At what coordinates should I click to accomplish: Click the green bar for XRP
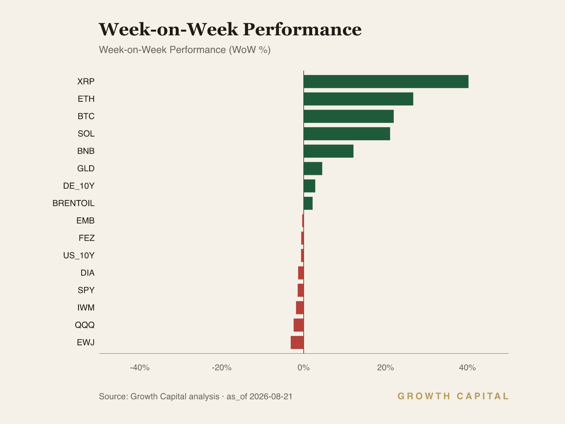pos(386,81)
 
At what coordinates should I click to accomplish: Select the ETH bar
pos(358,99)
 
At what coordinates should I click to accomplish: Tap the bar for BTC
pos(349,116)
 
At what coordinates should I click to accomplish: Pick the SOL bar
pos(347,134)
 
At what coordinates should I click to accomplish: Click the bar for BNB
pos(328,151)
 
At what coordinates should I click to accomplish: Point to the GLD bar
pos(313,169)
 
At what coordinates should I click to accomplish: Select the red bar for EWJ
pos(297,342)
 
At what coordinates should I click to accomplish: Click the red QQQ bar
pos(299,325)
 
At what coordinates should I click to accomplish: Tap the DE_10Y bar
pos(309,186)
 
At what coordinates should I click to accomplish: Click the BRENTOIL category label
pos(73,204)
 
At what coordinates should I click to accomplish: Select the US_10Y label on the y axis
pos(79,255)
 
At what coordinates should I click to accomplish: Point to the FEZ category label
pos(87,238)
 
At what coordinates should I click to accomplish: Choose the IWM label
pos(86,308)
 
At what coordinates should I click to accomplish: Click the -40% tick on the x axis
pos(140,367)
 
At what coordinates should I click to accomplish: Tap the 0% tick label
pos(304,367)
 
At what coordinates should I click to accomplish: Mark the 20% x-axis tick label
pos(385,367)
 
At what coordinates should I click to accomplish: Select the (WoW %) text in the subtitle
pos(250,50)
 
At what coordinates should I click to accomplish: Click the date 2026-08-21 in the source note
pos(271,396)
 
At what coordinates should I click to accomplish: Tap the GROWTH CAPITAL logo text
pos(453,396)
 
